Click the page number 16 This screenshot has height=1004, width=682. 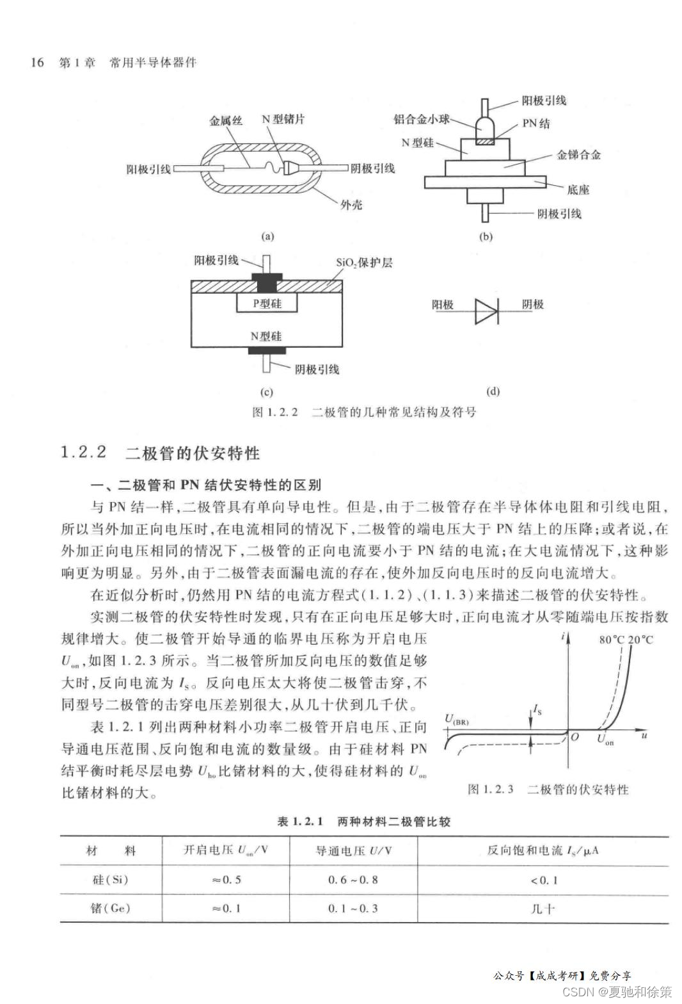click(x=37, y=62)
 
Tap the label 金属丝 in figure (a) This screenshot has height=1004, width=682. click(x=226, y=120)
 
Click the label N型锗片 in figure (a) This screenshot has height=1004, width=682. click(x=283, y=120)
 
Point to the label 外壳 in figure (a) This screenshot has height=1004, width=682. click(x=351, y=205)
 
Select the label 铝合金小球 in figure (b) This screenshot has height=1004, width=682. click(x=421, y=119)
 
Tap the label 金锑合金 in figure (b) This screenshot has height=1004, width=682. click(x=578, y=155)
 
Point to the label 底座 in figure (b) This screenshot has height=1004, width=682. click(x=578, y=190)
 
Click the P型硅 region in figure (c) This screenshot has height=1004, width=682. click(x=267, y=304)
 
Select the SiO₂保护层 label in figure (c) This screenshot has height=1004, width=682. click(x=364, y=263)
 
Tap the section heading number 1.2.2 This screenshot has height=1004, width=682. click(x=84, y=452)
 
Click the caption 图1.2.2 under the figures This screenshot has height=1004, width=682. click(x=275, y=412)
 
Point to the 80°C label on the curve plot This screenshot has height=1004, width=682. click(x=612, y=640)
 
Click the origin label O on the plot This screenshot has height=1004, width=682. click(x=575, y=737)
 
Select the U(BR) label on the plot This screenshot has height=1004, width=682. click(x=457, y=720)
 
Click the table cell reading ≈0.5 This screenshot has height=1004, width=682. click(x=226, y=880)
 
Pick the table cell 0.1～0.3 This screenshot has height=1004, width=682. click(x=353, y=908)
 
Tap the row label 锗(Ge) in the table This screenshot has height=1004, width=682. click(x=111, y=908)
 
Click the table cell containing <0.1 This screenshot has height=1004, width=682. click(x=544, y=880)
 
